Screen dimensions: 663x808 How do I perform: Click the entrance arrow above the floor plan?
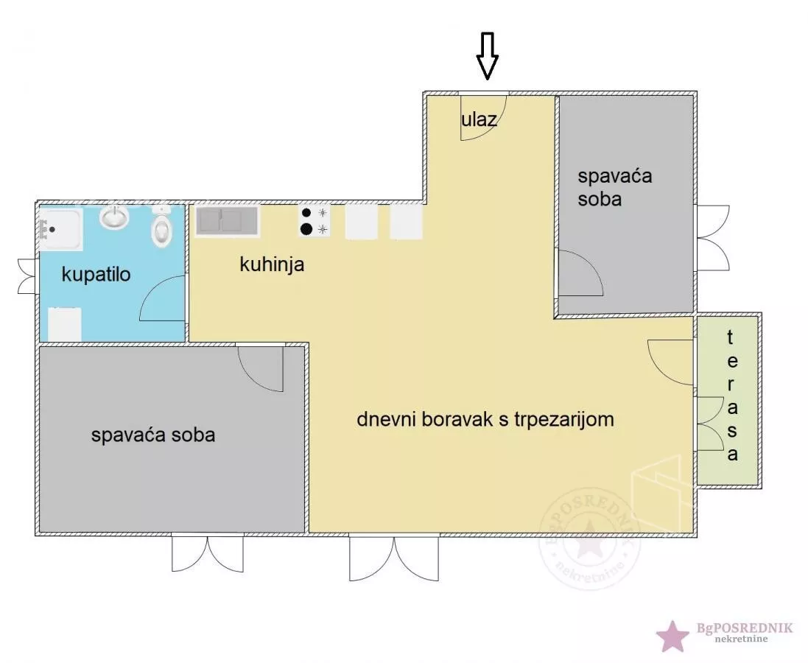coord(487,56)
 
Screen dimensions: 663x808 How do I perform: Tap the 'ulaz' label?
coord(479,119)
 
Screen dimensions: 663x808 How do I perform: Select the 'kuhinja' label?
coord(272,264)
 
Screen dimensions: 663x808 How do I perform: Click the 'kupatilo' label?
coord(96,275)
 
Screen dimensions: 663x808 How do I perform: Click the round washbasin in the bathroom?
coord(114,217)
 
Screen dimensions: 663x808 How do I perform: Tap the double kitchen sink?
coord(227,221)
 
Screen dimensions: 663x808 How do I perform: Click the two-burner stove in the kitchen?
coord(315,221)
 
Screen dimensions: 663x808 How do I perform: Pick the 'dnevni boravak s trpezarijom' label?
coord(485,419)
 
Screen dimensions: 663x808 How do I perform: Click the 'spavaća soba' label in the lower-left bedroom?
coord(153,435)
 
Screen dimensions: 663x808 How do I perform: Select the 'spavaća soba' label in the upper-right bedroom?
coord(614,187)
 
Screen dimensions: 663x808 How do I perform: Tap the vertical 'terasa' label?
coord(731,396)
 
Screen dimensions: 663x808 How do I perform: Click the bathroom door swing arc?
coord(161,298)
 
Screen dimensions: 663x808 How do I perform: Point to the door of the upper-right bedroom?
coord(580,273)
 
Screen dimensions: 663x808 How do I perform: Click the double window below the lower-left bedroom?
coord(208,552)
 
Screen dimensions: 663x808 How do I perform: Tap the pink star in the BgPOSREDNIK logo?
coord(672,635)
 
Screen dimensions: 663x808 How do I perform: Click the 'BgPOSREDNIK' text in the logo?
coord(744,628)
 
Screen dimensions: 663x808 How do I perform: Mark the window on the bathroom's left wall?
coord(27,276)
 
